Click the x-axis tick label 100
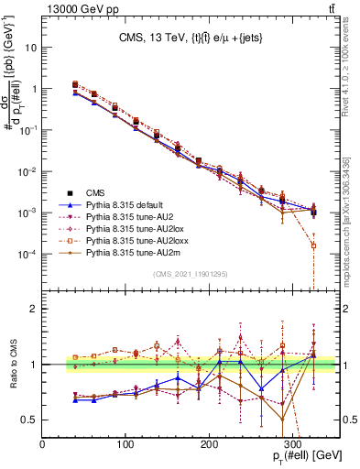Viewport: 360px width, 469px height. point(84,443)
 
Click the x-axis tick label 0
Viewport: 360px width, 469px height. point(42,443)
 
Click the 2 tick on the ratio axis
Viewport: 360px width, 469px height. point(33,310)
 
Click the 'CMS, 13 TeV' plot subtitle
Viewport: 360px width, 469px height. point(191,38)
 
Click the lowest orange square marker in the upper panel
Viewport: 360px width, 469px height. point(313,245)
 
